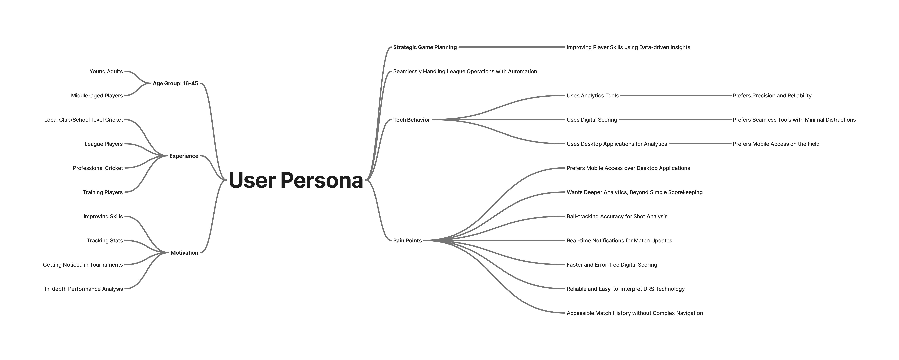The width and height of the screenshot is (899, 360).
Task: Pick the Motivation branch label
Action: coord(184,253)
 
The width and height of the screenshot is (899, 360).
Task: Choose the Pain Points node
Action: coord(407,241)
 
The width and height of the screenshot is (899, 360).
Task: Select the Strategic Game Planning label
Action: coord(425,47)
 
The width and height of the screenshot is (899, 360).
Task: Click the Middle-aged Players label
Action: coord(97,96)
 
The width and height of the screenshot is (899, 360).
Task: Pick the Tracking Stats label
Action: coord(105,241)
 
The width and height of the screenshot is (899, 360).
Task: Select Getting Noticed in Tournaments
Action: coord(83,265)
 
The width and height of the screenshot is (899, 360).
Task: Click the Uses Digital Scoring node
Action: coord(592,120)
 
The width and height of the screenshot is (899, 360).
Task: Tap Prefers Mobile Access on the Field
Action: coord(776,144)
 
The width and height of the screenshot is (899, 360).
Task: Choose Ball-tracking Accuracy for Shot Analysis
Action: coord(617,216)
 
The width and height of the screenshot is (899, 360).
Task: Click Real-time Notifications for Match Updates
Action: coord(619,241)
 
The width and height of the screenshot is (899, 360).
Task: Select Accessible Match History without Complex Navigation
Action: coord(634,313)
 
